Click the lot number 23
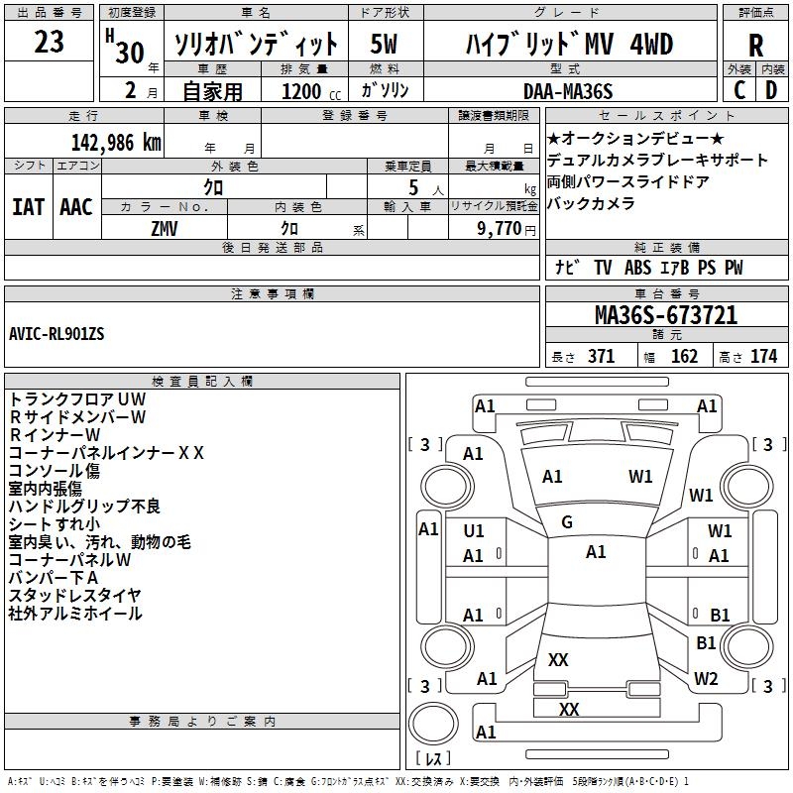(x=49, y=43)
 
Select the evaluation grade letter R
(x=756, y=46)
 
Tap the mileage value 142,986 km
(x=116, y=142)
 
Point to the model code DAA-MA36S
(x=568, y=91)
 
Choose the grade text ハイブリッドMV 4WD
(x=569, y=45)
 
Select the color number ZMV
(x=165, y=227)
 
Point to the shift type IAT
(x=28, y=206)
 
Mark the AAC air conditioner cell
(x=75, y=206)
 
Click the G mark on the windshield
(x=567, y=522)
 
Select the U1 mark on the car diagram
(x=474, y=531)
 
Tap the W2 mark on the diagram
(x=706, y=679)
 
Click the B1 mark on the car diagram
(x=720, y=615)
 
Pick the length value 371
(x=600, y=357)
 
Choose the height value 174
(x=763, y=357)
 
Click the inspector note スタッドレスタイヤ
(x=74, y=595)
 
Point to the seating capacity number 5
(x=410, y=187)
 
